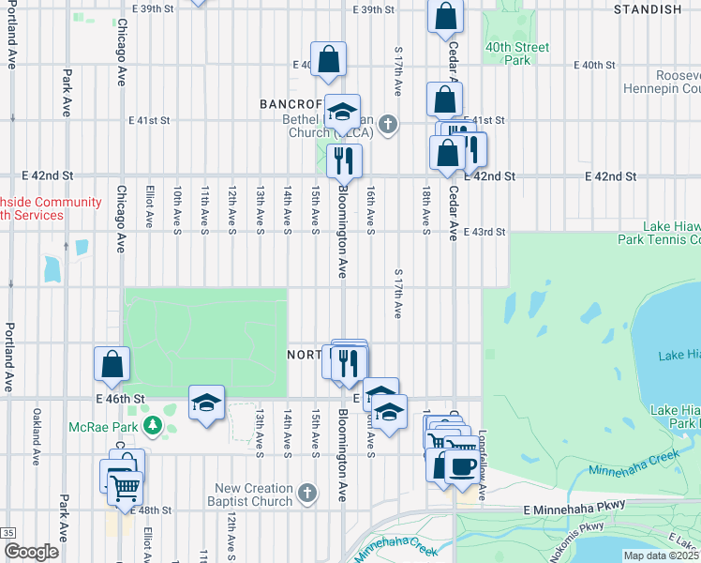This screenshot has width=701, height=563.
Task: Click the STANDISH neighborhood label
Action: point(648,9)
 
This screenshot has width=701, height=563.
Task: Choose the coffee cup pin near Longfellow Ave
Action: point(461,466)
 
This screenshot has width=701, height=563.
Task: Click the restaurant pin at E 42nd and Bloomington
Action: point(344,161)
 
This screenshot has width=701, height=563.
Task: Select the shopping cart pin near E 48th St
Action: point(125,485)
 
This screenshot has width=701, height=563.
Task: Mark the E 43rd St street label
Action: point(484,232)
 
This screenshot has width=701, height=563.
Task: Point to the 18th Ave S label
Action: point(425,207)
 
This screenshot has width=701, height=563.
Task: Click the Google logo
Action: point(31,552)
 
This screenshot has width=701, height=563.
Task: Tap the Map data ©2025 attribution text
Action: point(660,555)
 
